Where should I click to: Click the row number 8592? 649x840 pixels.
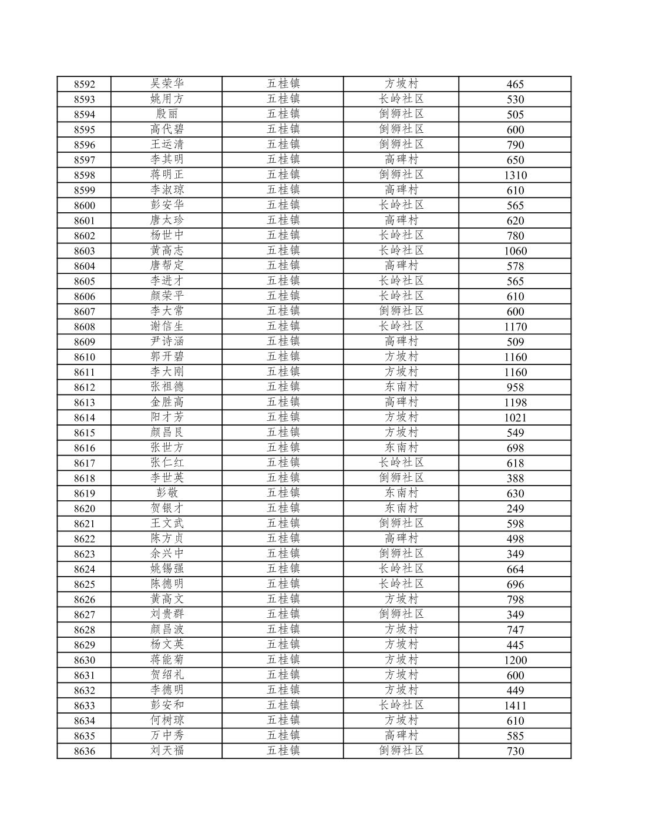point(84,84)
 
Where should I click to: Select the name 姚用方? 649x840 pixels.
point(167,99)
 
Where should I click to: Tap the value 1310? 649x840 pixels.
point(515,175)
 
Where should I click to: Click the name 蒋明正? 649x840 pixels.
point(167,175)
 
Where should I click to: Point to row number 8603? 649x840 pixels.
point(84,251)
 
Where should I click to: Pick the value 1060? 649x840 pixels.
point(515,251)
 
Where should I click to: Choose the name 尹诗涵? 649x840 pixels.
point(167,342)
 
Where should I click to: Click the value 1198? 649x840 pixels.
point(515,403)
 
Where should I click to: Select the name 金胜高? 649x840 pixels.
point(167,402)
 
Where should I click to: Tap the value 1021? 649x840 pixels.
point(515,418)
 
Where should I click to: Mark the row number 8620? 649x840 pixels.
point(84,508)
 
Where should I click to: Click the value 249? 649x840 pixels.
point(515,508)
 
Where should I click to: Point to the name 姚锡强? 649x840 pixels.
point(167,568)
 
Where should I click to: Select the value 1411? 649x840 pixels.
point(515,705)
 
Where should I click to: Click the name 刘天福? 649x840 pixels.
point(167,751)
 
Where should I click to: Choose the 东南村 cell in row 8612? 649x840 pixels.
point(401,387)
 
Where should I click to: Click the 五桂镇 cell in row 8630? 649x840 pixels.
point(283,660)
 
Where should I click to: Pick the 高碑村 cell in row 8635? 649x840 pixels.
point(401,735)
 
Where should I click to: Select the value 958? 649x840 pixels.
point(515,387)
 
